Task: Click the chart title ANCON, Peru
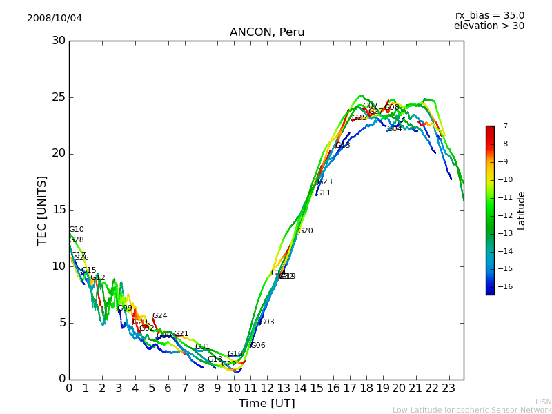pyautogui.click(x=267, y=32)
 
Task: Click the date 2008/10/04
pyautogui.click(x=55, y=18)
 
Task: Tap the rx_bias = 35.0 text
pyautogui.click(x=489, y=15)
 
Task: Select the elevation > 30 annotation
pyautogui.click(x=489, y=26)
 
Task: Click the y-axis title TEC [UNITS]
pyautogui.click(x=42, y=210)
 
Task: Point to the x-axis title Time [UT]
pyautogui.click(x=266, y=404)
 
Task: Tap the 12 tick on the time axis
pyautogui.click(x=267, y=388)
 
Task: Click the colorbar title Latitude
pyautogui.click(x=522, y=210)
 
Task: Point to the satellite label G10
pyautogui.click(x=77, y=230)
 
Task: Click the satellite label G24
pyautogui.click(x=159, y=316)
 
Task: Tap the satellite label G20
pyautogui.click(x=305, y=231)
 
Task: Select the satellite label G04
pyautogui.click(x=394, y=129)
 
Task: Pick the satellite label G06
pyautogui.click(x=257, y=346)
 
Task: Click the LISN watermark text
pyautogui.click(x=543, y=402)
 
